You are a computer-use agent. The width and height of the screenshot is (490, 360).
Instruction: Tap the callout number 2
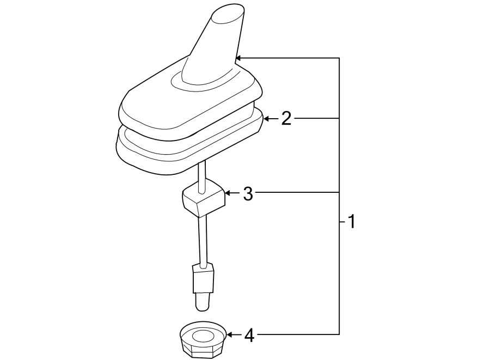286,119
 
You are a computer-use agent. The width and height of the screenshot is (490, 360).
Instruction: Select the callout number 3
248,193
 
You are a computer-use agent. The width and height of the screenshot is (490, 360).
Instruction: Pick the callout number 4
249,335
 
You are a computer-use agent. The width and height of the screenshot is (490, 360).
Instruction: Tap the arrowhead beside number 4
230,334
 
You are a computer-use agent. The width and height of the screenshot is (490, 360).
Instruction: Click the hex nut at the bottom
201,340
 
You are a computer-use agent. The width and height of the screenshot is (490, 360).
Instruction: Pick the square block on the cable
203,200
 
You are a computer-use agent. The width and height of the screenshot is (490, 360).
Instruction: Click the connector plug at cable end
203,278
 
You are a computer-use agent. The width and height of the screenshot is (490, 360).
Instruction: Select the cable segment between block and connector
203,240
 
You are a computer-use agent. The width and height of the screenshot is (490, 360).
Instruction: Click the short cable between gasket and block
202,174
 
